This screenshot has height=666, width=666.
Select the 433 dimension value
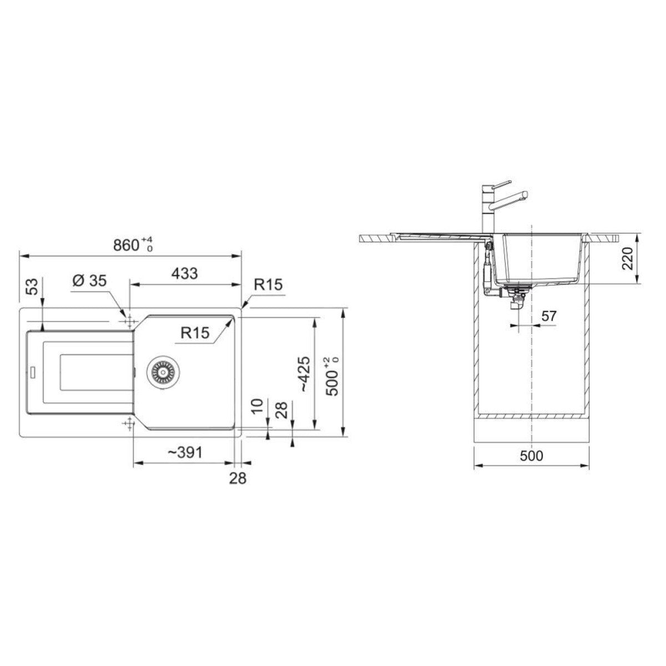pos(185,274)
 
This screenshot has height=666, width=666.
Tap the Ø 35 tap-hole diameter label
pos(90,281)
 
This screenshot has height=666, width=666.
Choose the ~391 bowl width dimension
pos(185,452)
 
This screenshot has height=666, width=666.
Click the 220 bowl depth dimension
pos(627,258)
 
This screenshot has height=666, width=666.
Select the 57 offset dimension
pos(549,316)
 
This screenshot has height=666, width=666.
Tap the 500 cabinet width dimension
pos(532,456)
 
